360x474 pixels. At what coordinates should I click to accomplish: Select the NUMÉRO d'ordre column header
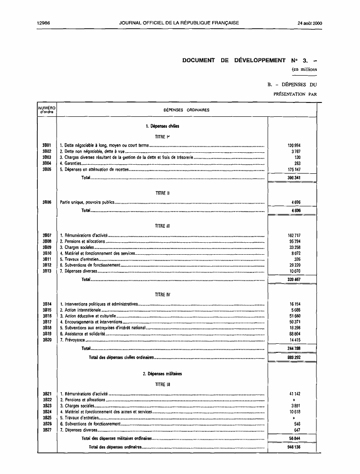point(46,110)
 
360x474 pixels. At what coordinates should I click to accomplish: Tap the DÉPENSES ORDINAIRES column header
point(186,110)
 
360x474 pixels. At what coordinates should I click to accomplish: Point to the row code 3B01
point(46,145)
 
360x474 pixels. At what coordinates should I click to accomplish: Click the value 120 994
point(293,145)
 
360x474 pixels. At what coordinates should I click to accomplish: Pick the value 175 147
point(293,169)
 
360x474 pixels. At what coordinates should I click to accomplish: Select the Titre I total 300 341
point(293,178)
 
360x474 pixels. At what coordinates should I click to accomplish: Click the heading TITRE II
point(160,193)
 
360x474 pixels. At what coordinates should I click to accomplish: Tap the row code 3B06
point(46,202)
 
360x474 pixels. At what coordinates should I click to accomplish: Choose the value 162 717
point(293,236)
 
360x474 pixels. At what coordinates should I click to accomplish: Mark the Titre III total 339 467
point(293,279)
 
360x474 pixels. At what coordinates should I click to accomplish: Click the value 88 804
point(293,333)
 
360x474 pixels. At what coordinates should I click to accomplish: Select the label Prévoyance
point(74,339)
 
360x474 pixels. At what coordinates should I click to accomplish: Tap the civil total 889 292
point(293,357)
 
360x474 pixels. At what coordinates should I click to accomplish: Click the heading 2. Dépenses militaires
point(162,373)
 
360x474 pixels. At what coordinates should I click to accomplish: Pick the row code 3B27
point(46,430)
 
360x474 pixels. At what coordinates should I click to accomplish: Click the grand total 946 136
point(293,447)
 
